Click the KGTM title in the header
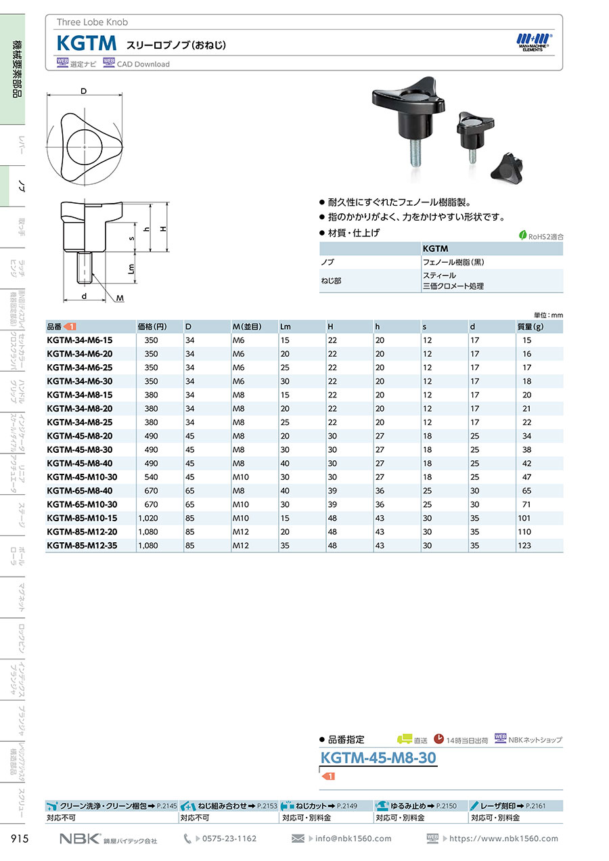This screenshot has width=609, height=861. pos(87,43)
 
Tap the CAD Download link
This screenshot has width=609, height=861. pos(143,64)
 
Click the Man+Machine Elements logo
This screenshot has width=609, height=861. pos(534,42)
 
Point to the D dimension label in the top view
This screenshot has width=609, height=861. pos(84,91)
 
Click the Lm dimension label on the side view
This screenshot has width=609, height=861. pos(131,268)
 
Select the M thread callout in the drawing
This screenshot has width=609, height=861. pos(120,298)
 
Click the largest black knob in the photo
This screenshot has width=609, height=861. pos(409,110)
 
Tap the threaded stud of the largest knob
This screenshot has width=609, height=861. pos(415,153)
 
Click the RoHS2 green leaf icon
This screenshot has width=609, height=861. pos(522,235)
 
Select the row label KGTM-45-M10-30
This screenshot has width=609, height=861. pos(82,477)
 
